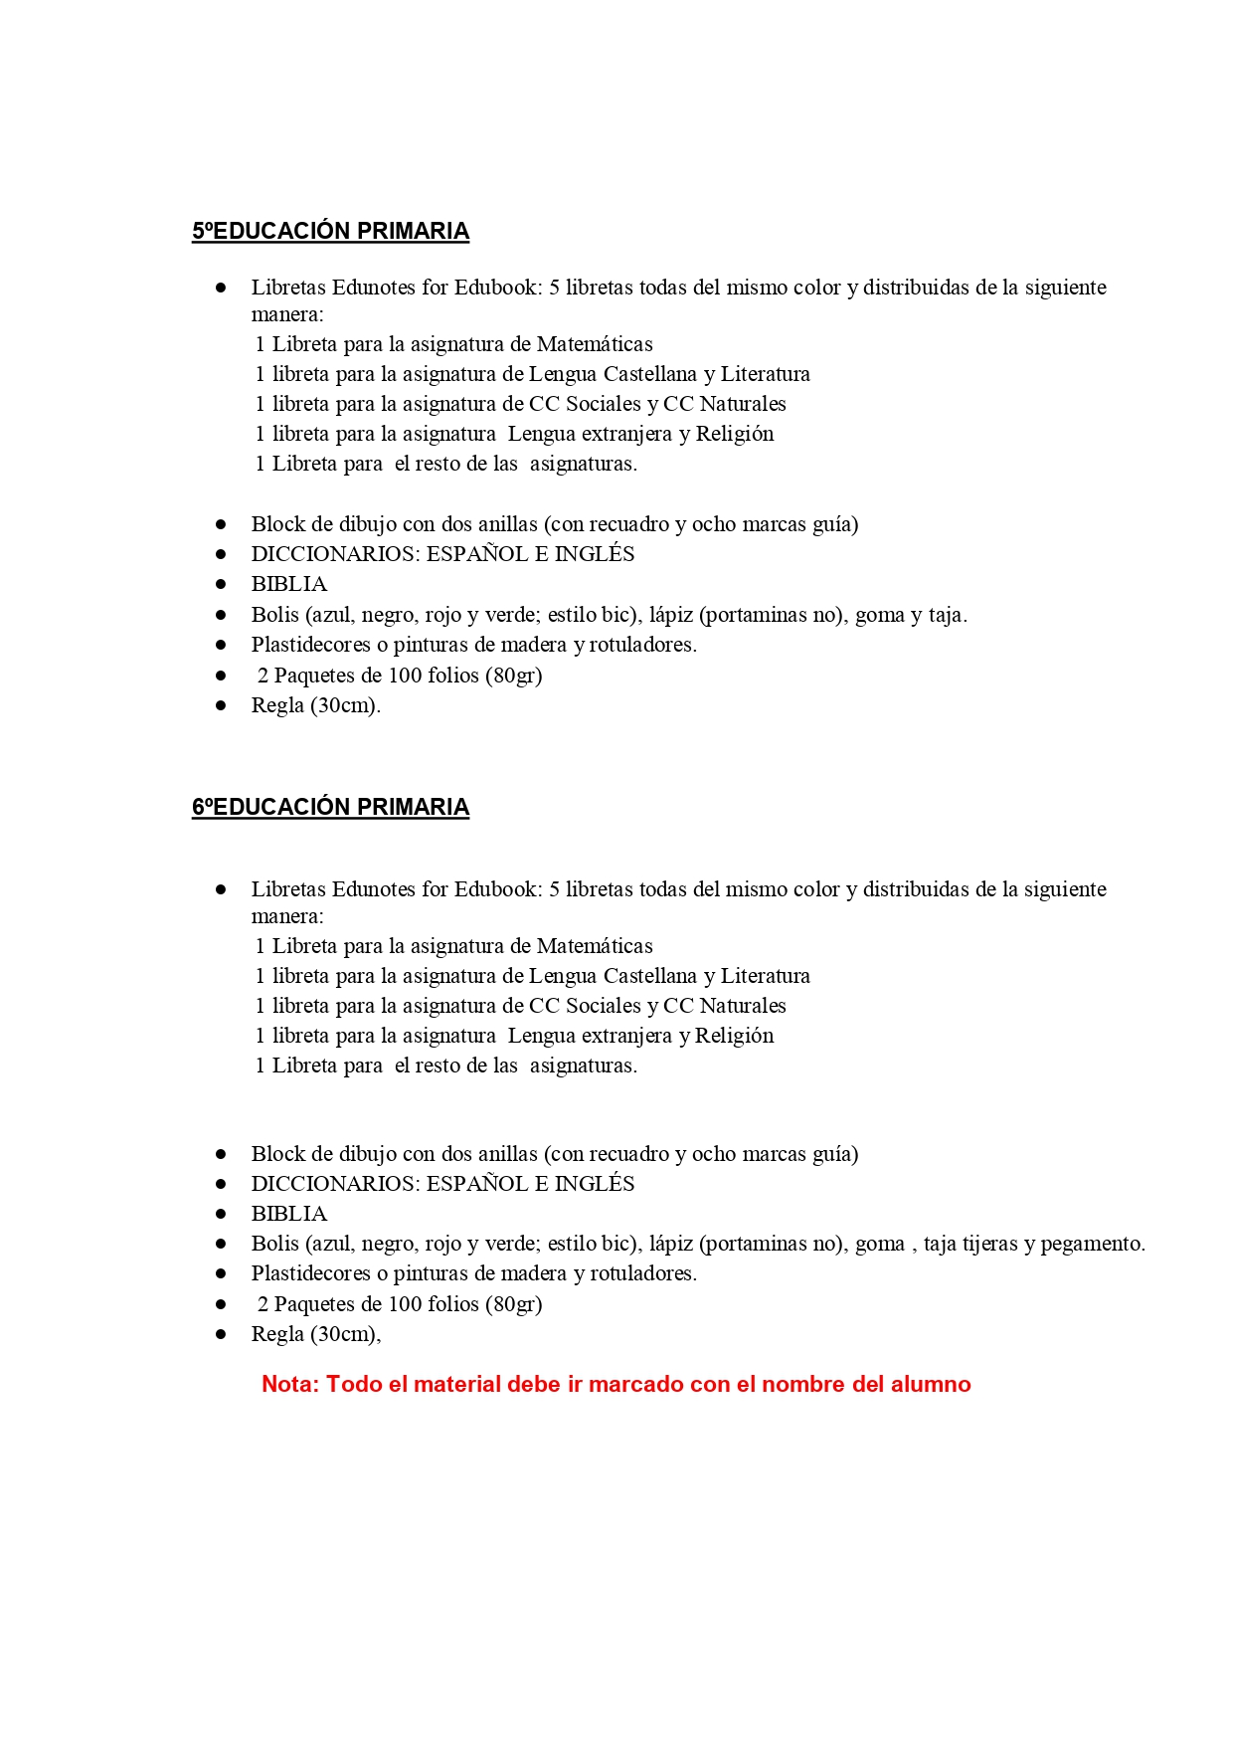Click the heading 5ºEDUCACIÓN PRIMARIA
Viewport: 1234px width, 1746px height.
(x=330, y=231)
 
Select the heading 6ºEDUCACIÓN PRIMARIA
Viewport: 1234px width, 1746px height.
(x=330, y=807)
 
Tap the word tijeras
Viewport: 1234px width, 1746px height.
(x=990, y=1244)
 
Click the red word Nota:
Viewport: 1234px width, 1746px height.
(x=290, y=1384)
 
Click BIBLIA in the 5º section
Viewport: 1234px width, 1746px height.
(x=288, y=584)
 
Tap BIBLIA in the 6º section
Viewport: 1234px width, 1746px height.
(x=288, y=1214)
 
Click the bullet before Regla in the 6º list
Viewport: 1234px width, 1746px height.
(x=221, y=1334)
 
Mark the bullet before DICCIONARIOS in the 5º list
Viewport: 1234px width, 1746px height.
(x=221, y=554)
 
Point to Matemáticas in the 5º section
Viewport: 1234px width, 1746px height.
(x=595, y=344)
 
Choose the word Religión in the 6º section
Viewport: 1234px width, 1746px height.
(x=734, y=1036)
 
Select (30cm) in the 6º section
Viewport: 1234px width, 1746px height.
(x=344, y=1334)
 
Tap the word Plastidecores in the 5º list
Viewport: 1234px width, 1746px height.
(x=310, y=645)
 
